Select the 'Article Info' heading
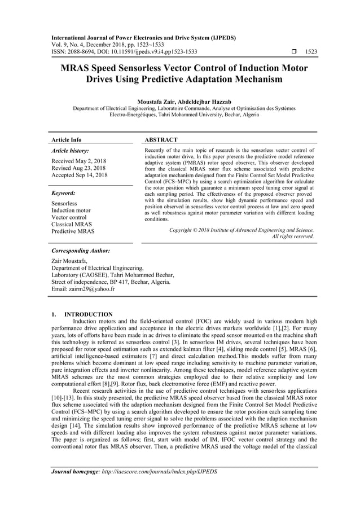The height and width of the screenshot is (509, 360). click(x=66, y=139)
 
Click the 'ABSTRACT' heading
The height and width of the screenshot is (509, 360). click(x=161, y=139)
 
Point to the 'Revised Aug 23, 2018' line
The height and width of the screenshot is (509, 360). click(x=78, y=168)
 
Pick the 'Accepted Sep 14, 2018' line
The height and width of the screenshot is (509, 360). click(x=79, y=175)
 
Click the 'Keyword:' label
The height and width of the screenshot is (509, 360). click(x=63, y=192)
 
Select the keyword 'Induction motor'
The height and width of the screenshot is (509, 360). click(x=71, y=210)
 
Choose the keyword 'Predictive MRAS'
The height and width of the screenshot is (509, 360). click(x=72, y=231)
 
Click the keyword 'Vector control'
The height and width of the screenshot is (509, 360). click(x=69, y=217)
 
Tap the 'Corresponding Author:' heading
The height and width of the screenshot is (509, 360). click(x=80, y=250)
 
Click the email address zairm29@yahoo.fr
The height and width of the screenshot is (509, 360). click(x=83, y=289)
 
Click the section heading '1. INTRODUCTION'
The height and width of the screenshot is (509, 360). click(x=82, y=314)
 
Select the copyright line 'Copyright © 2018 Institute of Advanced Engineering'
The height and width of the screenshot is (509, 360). click(x=242, y=230)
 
